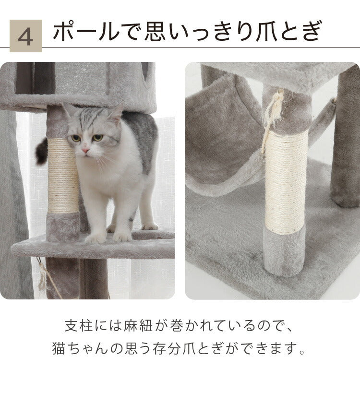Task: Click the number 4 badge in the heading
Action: pyautogui.click(x=25, y=36)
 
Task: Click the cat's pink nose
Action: pyautogui.click(x=85, y=150)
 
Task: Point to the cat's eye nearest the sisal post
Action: pyautogui.click(x=75, y=138)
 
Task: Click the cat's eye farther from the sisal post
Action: pyautogui.click(x=97, y=138)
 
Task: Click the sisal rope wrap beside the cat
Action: pyautogui.click(x=63, y=176)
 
